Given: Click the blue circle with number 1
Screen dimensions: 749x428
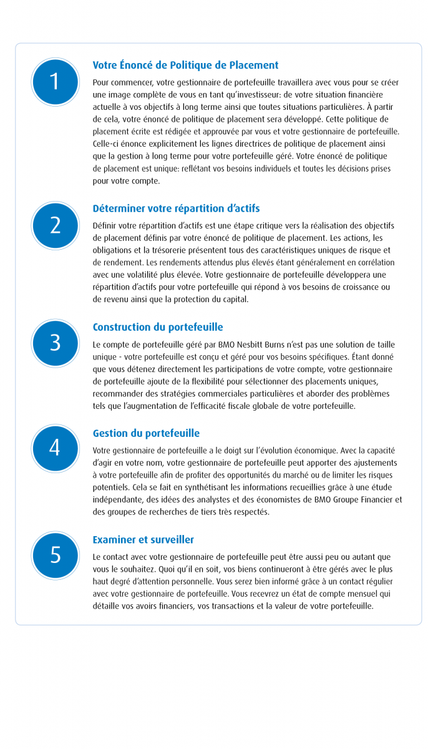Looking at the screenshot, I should tap(55, 82).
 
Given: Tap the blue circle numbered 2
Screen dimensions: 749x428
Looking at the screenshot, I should tap(55, 225).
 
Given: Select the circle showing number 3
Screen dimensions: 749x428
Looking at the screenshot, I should tap(55, 343).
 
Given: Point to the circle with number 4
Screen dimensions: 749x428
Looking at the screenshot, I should tap(55, 448).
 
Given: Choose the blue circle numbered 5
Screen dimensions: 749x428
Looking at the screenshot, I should tap(55, 555).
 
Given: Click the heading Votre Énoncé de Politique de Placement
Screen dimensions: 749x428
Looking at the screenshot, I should tap(185, 65).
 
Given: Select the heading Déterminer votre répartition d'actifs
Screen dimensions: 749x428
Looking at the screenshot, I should tap(176, 208).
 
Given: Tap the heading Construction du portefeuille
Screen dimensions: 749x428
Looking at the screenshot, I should tap(158, 327).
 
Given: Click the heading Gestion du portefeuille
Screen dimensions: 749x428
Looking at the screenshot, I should tap(146, 433).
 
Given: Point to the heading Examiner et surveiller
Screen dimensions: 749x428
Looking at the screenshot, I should tap(143, 540).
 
